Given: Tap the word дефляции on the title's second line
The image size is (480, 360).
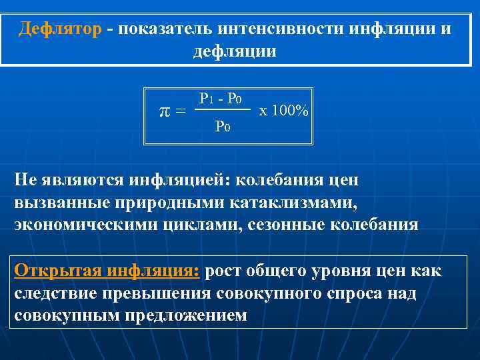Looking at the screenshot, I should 234,51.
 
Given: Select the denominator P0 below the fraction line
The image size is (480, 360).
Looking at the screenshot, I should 223,125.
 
